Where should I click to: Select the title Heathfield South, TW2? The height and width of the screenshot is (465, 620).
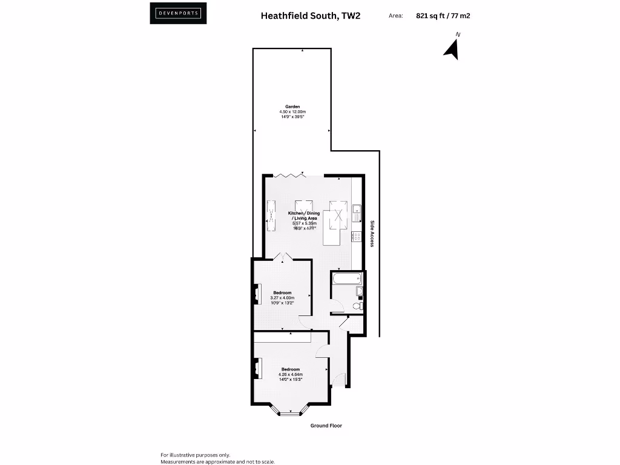310,16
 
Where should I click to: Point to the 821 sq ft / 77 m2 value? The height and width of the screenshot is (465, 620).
443,16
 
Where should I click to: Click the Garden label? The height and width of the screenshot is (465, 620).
292,107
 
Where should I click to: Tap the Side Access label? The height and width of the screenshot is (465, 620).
372,233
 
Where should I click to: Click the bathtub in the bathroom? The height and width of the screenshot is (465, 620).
346,279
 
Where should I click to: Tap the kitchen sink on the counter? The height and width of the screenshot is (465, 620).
358,213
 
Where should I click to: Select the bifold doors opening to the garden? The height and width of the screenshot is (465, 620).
289,175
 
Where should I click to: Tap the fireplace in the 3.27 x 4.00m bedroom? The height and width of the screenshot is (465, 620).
257,293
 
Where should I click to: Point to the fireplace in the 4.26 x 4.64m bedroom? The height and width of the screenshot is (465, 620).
257,368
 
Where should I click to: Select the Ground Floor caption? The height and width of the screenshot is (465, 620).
326,426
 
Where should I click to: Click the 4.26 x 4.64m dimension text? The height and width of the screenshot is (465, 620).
290,374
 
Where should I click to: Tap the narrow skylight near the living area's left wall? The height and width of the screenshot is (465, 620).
269,216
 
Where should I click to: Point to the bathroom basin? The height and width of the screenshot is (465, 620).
359,292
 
